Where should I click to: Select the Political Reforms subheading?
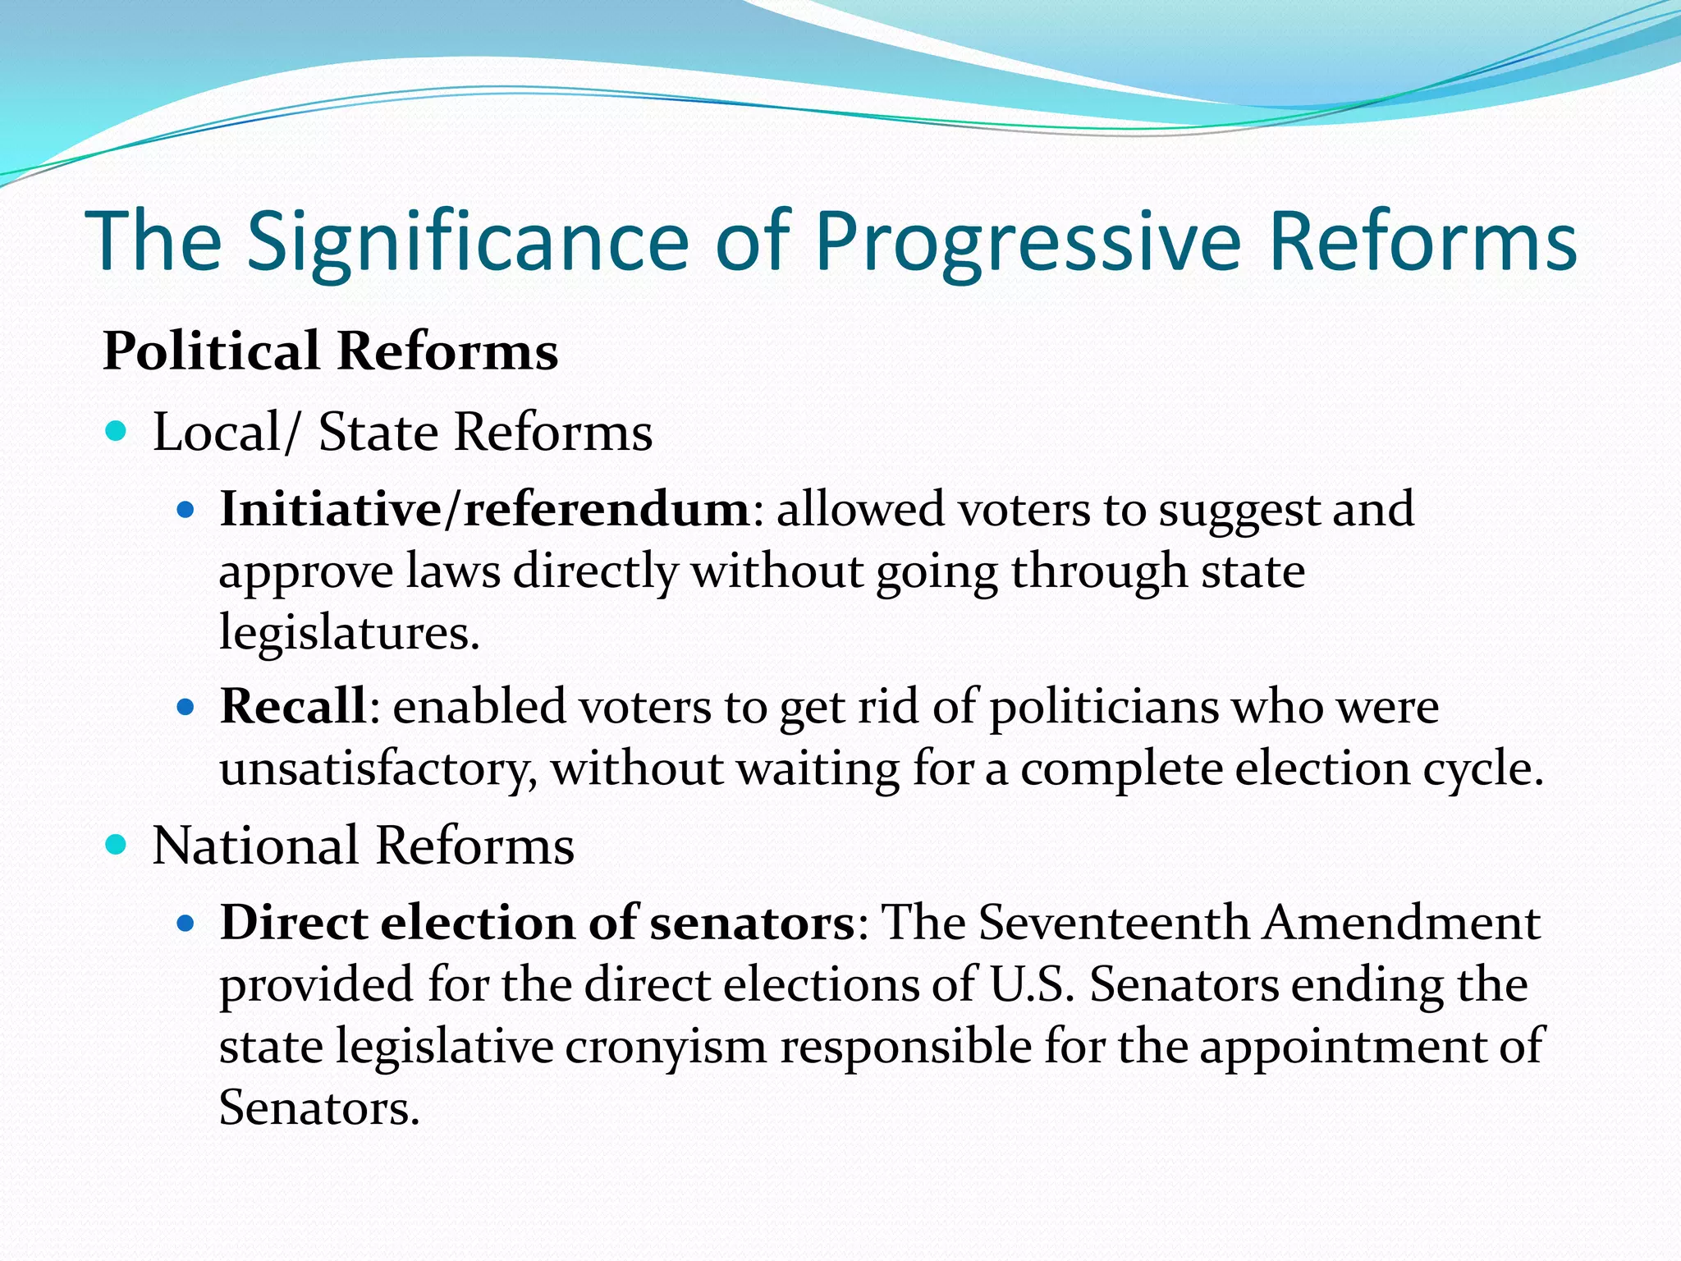click(x=330, y=351)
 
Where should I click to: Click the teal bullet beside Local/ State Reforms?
click(x=117, y=431)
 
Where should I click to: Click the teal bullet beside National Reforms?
click(x=117, y=844)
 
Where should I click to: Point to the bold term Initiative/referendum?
click(x=484, y=509)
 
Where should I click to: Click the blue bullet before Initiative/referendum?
click(x=186, y=511)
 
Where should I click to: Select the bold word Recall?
click(x=292, y=706)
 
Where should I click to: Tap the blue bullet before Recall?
click(x=186, y=707)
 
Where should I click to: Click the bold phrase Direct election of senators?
click(x=538, y=923)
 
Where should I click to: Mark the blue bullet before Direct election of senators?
click(x=186, y=924)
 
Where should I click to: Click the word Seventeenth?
click(x=1114, y=923)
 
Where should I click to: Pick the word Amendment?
click(x=1401, y=923)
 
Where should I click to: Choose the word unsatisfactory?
click(x=378, y=769)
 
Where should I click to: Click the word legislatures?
click(x=348, y=633)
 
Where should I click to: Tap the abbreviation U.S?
click(x=1032, y=984)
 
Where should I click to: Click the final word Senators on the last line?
click(x=318, y=1108)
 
